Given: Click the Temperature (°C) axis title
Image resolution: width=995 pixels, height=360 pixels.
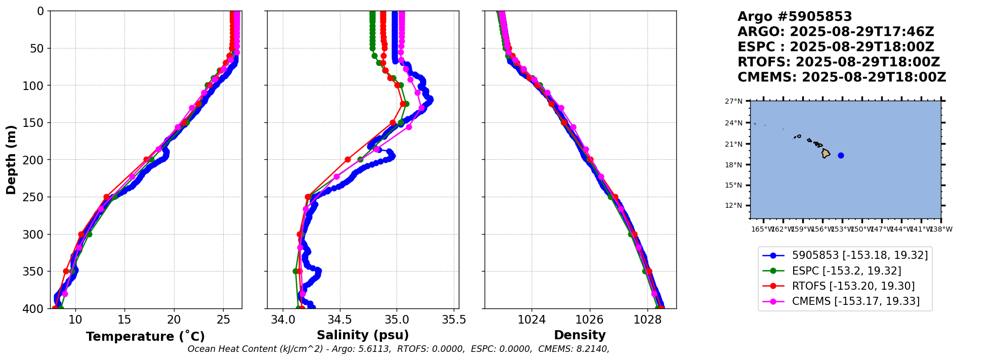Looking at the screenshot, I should [145, 337].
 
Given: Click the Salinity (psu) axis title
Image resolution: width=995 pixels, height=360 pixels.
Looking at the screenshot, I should [363, 335].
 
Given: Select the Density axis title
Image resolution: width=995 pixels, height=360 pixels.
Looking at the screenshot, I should [580, 335].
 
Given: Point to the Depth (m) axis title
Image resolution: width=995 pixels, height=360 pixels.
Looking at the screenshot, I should [11, 159].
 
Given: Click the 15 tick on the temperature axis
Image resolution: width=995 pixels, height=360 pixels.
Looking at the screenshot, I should [124, 320].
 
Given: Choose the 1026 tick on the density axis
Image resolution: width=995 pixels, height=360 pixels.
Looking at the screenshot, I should [589, 320].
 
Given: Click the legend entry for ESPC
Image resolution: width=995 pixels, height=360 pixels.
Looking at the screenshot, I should [846, 271].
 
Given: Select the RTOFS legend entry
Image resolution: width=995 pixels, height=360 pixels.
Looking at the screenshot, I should [853, 286].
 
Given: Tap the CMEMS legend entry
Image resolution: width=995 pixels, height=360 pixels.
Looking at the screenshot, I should [855, 301].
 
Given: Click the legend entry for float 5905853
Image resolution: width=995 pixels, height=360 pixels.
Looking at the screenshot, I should [859, 255].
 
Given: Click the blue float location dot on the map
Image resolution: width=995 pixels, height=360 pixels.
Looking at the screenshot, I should [841, 155].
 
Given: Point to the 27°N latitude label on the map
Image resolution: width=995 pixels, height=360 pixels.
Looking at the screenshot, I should [733, 101].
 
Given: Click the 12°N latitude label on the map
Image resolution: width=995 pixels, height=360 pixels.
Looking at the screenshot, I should [733, 205].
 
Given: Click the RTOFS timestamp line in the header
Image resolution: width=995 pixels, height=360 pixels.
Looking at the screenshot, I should [838, 62].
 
